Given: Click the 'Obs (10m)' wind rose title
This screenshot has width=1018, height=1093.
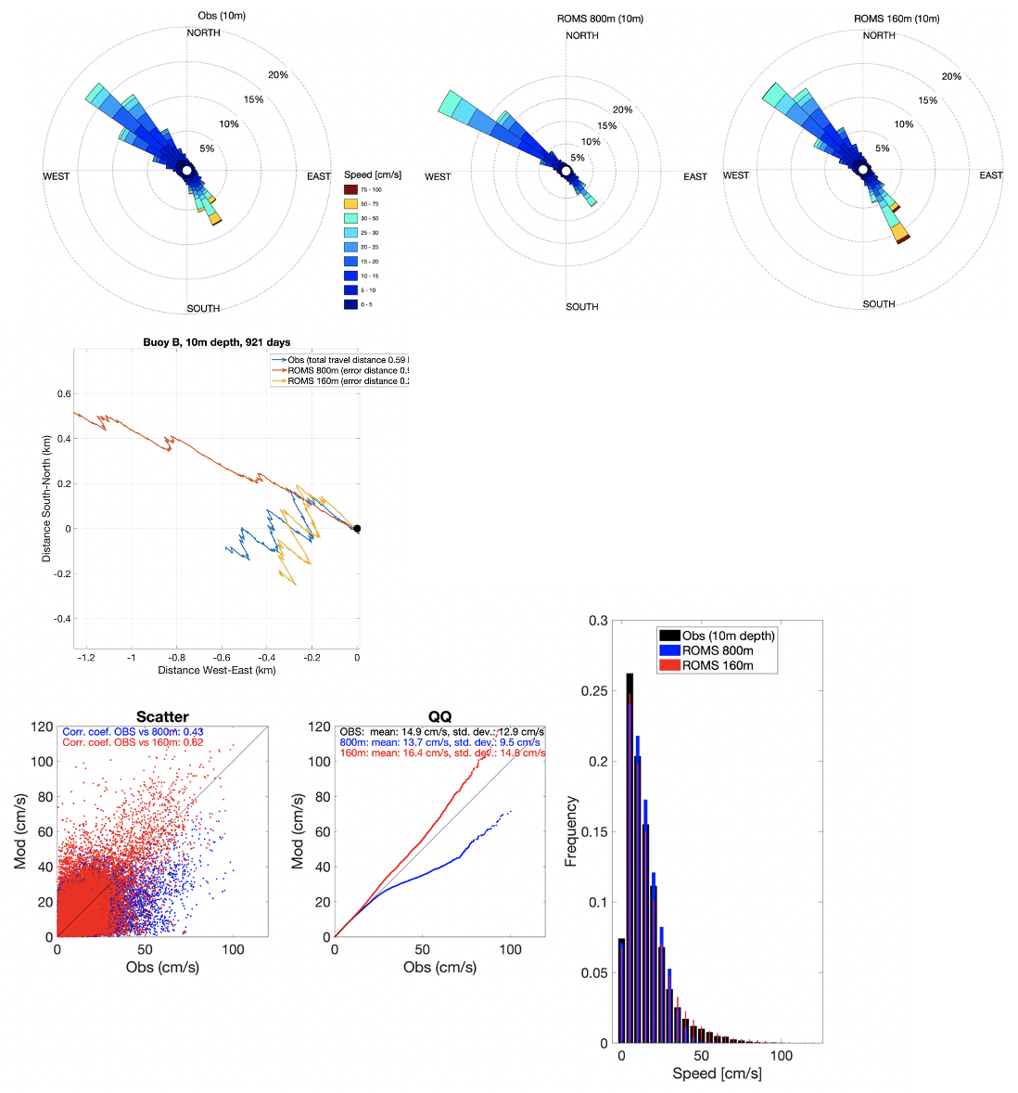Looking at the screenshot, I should [x=222, y=16].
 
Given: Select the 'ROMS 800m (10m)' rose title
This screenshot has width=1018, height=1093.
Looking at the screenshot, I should [x=600, y=19].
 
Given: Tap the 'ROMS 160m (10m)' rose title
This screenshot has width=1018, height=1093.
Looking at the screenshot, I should [x=897, y=19].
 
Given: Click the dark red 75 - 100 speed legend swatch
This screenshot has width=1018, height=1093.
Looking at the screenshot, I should [x=350, y=189].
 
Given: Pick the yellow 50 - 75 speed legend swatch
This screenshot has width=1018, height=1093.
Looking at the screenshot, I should [x=350, y=204].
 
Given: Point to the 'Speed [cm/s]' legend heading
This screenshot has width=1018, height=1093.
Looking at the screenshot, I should [x=373, y=174].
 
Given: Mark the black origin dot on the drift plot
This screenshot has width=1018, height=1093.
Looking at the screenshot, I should [x=357, y=529].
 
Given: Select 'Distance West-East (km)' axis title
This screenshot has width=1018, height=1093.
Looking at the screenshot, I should [x=217, y=670].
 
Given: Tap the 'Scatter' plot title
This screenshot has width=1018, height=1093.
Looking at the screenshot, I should [x=162, y=717].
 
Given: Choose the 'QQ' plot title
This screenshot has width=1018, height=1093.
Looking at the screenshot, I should [x=439, y=717].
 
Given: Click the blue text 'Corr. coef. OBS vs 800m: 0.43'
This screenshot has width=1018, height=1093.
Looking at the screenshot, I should [x=133, y=733].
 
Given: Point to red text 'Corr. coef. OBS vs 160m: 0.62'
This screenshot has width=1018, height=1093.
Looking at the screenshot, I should [x=133, y=743].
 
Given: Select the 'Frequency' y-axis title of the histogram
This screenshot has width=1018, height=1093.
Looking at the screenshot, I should [x=571, y=830].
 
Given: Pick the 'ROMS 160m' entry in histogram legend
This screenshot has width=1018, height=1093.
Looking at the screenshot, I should [x=718, y=665].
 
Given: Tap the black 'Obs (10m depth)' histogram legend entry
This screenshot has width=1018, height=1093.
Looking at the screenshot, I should [x=728, y=636].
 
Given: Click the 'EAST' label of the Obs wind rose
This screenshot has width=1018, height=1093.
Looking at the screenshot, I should [x=319, y=176].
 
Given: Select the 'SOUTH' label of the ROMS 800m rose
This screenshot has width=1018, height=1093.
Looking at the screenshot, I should [x=582, y=307].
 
